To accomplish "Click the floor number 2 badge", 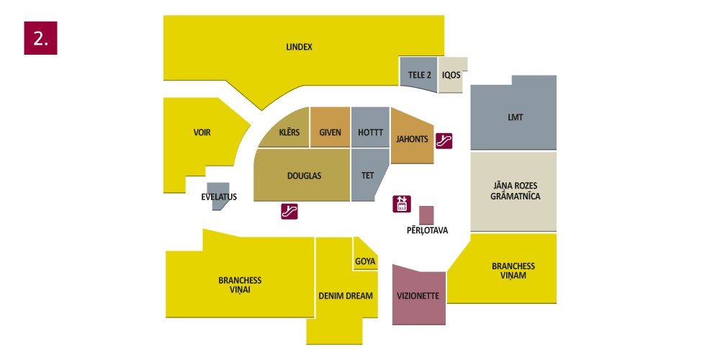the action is click(40, 38).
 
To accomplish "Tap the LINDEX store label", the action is click(299, 47).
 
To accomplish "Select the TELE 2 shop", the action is click(418, 73).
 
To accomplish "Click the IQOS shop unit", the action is click(452, 75).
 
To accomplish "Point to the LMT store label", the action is click(516, 117).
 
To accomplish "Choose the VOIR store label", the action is click(202, 132).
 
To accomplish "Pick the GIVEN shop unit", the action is click(330, 127).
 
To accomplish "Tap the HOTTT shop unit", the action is click(370, 127).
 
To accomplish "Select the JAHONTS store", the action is click(411, 136).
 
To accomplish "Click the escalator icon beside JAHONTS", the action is click(444, 141).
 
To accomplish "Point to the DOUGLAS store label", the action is click(304, 176).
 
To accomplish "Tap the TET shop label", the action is click(367, 176).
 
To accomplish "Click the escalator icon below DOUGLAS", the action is click(289, 211).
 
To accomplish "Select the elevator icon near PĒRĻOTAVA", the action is click(402, 204).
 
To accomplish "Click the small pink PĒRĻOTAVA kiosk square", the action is click(426, 215).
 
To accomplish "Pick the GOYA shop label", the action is click(365, 262).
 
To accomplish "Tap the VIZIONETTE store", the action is click(418, 294).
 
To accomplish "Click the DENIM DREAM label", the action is click(346, 296).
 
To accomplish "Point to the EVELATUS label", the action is click(219, 197).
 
